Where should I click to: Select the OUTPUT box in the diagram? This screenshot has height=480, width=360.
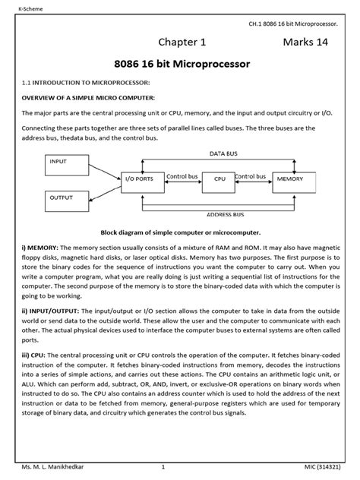[x=68, y=201]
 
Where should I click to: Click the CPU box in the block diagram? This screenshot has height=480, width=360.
[x=220, y=178]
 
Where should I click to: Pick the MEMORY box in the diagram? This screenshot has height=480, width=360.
[x=290, y=178]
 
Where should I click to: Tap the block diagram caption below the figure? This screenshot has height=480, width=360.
[x=180, y=232]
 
